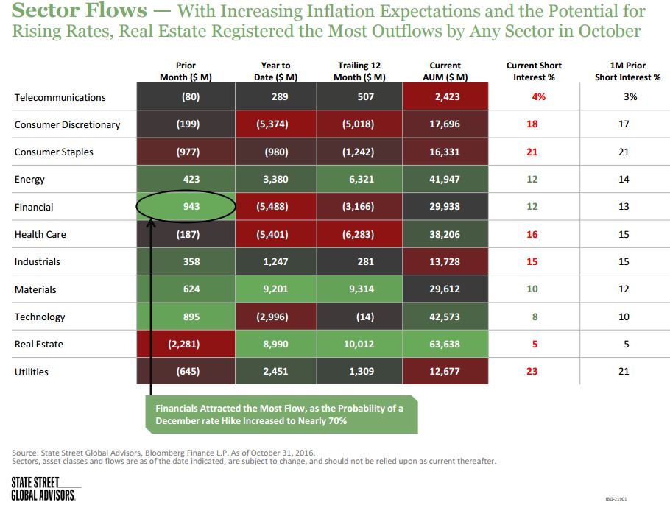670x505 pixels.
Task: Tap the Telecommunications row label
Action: [x=60, y=97]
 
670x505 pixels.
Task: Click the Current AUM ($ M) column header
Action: [x=445, y=71]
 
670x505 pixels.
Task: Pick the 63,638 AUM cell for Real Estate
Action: [x=445, y=344]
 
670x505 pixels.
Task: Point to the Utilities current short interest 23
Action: [x=532, y=372]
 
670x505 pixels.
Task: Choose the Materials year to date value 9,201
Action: [x=276, y=289]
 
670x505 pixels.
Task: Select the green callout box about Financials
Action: [x=279, y=414]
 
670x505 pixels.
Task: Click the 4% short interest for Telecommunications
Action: [x=532, y=97]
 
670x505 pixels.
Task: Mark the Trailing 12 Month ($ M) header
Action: [x=360, y=71]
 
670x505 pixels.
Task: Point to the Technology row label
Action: [x=40, y=317]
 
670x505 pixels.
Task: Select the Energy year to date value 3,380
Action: [x=276, y=179]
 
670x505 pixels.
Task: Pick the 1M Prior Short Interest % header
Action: [x=624, y=71]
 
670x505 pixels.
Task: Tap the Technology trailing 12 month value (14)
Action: [x=360, y=317]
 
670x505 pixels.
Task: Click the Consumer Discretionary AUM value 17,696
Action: [x=445, y=124]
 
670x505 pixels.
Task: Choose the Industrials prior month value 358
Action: [x=191, y=261]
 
